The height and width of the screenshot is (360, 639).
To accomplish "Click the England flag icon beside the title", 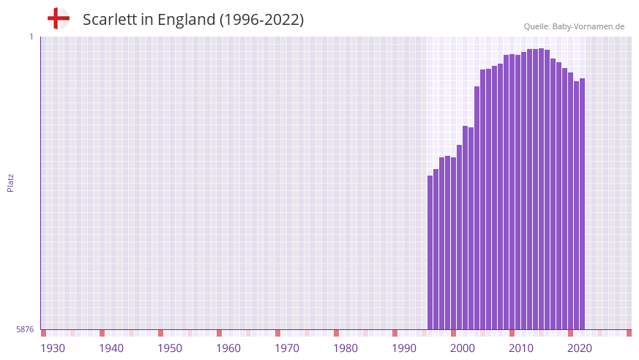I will click(x=58, y=18).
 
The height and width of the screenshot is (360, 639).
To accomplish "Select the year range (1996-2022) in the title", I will click(x=261, y=20).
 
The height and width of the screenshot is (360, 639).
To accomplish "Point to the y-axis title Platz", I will click(x=10, y=183).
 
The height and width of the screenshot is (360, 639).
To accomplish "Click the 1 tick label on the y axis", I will click(x=31, y=37).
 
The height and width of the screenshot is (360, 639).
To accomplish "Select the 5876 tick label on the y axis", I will click(x=25, y=330).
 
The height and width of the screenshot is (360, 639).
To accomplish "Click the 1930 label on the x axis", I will click(x=53, y=348).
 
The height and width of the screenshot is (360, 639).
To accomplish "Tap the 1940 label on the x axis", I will click(x=111, y=348).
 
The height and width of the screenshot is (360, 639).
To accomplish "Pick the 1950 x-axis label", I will click(x=170, y=348).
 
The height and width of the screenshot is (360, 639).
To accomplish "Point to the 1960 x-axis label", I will click(x=228, y=348).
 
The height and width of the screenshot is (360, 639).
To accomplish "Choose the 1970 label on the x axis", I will click(x=287, y=348).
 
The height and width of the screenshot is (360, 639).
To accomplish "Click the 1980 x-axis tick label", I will click(x=345, y=348).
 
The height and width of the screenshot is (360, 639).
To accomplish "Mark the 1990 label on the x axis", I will click(x=404, y=348).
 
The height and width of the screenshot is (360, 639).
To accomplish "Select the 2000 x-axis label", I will click(x=463, y=348).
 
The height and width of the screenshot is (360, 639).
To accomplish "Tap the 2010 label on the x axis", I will click(x=521, y=348).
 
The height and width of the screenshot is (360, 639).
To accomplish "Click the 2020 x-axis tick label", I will click(x=580, y=348).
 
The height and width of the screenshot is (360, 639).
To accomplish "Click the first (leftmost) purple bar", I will click(x=430, y=252).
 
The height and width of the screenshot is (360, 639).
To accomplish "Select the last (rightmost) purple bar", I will click(x=582, y=204).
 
